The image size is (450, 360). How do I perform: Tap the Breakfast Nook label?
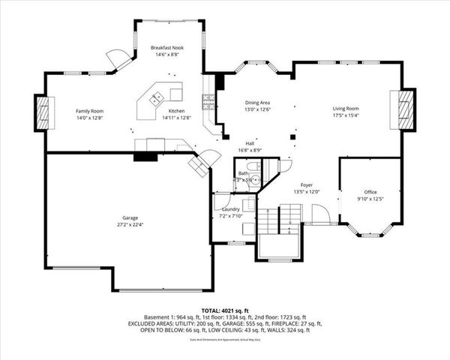tap(167, 47)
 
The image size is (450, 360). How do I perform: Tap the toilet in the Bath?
tap(255, 179)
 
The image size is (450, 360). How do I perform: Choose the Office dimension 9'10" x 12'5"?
tap(370, 198)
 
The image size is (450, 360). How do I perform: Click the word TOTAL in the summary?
tap(211, 310)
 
